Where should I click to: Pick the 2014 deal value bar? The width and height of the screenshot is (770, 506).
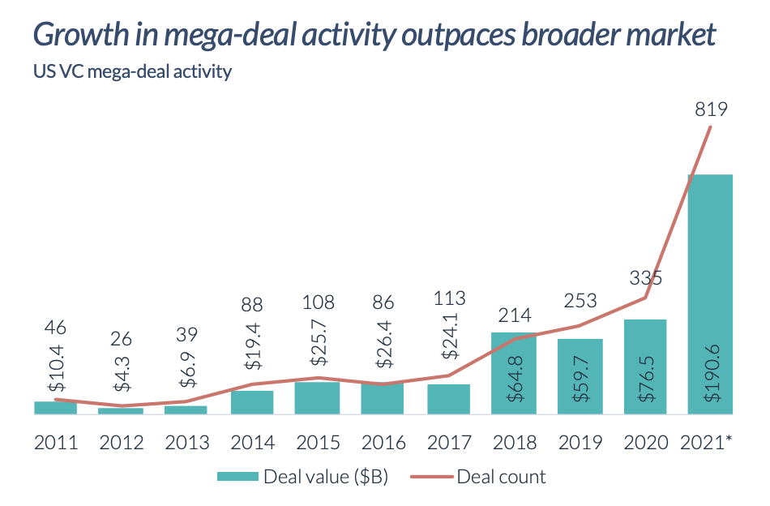pos(252,402)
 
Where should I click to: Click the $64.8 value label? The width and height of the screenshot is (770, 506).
pos(513,371)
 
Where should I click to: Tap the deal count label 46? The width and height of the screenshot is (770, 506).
pos(56,328)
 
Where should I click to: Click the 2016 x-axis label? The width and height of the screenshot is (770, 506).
pos(383,443)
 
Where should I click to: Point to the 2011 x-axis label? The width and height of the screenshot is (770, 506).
pos(56,443)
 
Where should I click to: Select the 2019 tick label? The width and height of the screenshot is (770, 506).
pos(580,443)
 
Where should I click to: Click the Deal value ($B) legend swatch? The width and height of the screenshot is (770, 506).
pos(237,477)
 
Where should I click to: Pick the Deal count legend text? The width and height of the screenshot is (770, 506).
pos(501,477)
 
